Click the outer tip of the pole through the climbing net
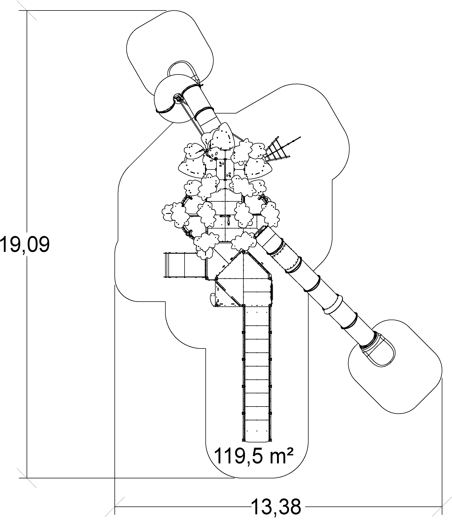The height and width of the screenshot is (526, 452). [300, 137]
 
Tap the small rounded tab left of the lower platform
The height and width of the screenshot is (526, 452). [213, 300]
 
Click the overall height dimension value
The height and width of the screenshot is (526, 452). [25, 244]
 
